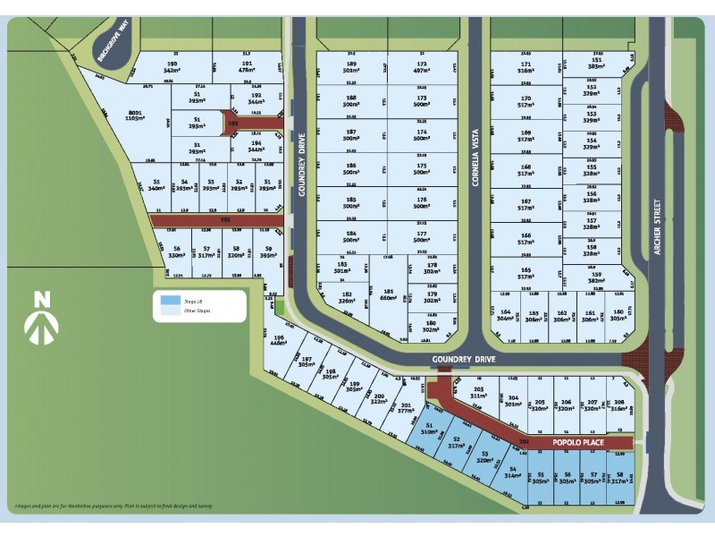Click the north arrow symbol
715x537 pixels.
[x=41, y=318]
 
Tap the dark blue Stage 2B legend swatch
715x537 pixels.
[x=168, y=301]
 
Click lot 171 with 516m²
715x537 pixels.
[x=526, y=69]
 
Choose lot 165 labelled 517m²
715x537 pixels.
[x=526, y=274]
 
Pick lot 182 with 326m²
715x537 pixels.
[x=347, y=298]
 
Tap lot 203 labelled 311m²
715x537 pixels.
[x=478, y=393]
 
